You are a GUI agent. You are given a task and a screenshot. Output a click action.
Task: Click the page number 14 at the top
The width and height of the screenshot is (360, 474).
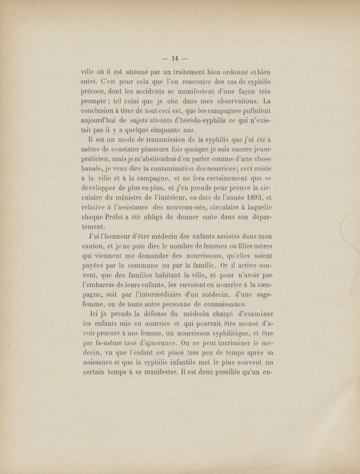tap(175, 58)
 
